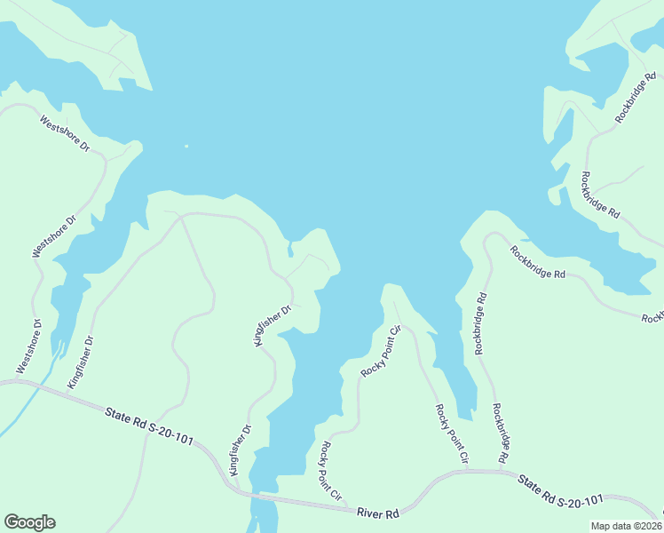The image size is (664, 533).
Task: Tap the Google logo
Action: tap(29, 522)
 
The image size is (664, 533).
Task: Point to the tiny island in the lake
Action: tap(186, 147)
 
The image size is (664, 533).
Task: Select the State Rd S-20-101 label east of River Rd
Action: tap(561, 492)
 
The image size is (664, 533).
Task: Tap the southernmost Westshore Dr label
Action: tap(29, 346)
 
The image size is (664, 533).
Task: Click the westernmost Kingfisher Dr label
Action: tap(81, 362)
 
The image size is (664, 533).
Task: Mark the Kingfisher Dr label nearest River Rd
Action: tap(241, 450)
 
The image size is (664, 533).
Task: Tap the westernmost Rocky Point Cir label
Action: tap(331, 472)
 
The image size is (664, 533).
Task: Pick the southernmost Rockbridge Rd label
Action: tap(499, 434)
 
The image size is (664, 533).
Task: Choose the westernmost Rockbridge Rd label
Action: tap(480, 323)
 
